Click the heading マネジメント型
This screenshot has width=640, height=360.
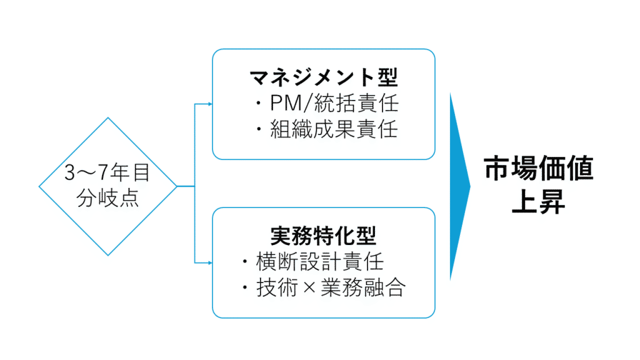(x=324, y=78)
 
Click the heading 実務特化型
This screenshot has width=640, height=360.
(x=324, y=236)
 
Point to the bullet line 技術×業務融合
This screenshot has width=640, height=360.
(x=324, y=287)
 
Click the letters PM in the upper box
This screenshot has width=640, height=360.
(x=286, y=104)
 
